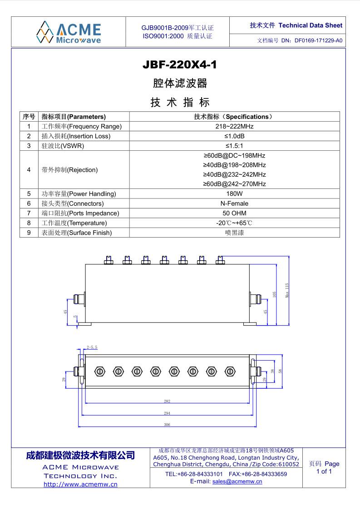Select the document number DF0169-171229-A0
click(x=318, y=40)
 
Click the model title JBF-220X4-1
click(x=180, y=65)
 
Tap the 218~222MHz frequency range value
click(x=234, y=126)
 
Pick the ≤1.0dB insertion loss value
click(x=234, y=136)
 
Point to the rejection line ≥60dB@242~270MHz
click(x=234, y=184)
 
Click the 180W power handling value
click(x=234, y=193)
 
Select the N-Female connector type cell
click(x=234, y=203)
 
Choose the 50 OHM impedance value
click(x=234, y=213)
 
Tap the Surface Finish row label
click(x=76, y=233)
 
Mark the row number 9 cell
click(x=29, y=233)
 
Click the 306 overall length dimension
click(x=167, y=425)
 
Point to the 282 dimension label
click(x=167, y=401)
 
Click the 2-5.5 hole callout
click(x=92, y=347)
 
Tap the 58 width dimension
click(x=280, y=371)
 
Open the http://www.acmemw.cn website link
click(x=80, y=484)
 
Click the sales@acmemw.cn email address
click(x=237, y=481)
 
